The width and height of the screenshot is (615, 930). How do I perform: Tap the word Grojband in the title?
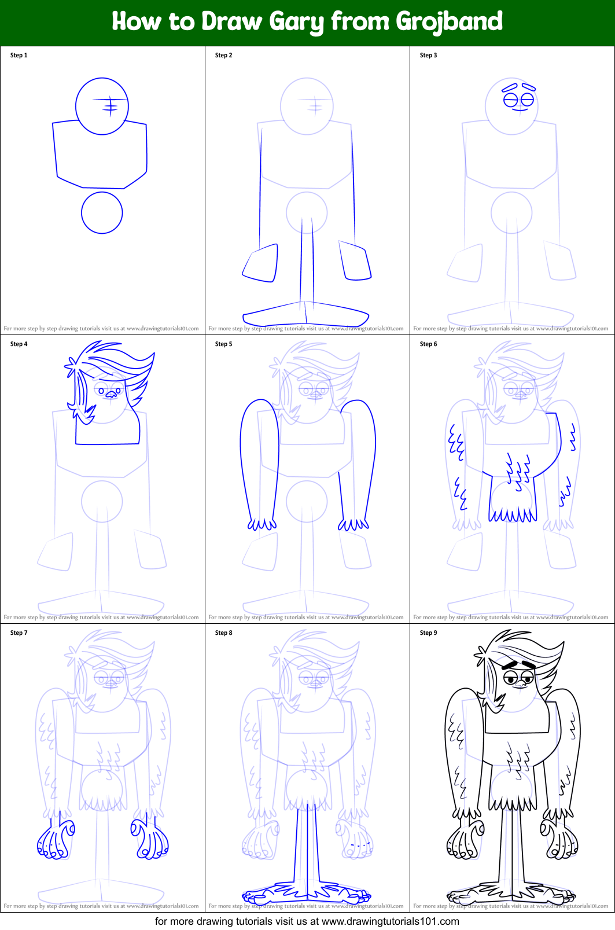pyautogui.click(x=449, y=22)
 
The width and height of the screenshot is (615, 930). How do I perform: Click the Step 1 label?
pyautogui.click(x=19, y=56)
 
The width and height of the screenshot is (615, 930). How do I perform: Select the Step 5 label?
pyautogui.click(x=224, y=344)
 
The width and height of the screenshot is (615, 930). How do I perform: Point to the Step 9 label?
pyautogui.click(x=429, y=633)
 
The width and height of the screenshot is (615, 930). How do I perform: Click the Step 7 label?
pyautogui.click(x=19, y=633)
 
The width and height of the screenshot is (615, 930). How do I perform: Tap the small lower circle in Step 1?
pyautogui.click(x=102, y=213)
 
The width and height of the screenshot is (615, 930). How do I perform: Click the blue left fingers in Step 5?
pyautogui.click(x=262, y=524)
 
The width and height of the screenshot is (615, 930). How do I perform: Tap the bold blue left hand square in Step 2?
pyautogui.click(x=260, y=263)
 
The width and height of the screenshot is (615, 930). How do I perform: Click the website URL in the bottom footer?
pyautogui.click(x=391, y=921)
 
